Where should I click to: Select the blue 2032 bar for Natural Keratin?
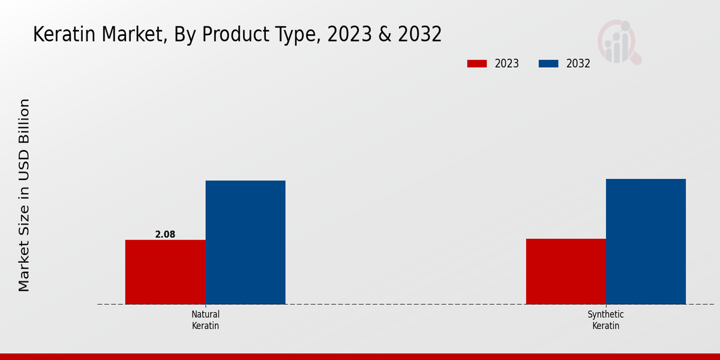245,242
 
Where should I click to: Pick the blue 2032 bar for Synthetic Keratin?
646,241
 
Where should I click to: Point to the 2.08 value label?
165,235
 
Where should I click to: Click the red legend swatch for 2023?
477,64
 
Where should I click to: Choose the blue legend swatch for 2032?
548,64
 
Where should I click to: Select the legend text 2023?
507,64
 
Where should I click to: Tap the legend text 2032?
578,64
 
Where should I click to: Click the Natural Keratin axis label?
205,320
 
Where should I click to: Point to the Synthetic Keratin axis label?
605,320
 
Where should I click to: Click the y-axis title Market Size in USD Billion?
24,195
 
